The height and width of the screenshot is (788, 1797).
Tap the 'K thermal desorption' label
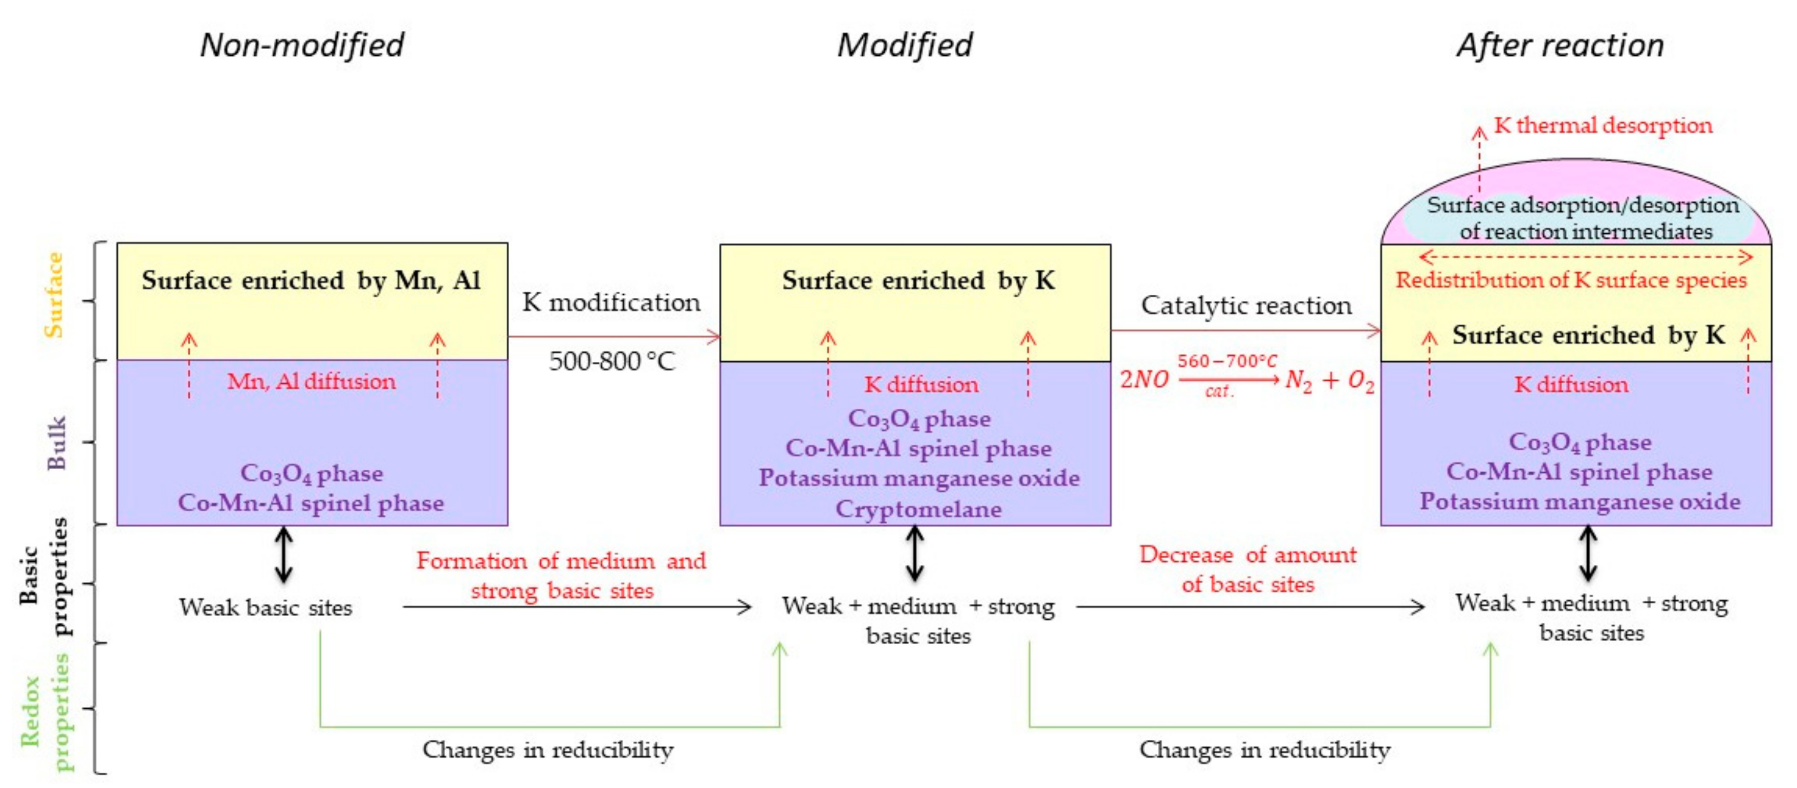coord(1603,125)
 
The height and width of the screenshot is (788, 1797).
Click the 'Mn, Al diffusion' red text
coord(311,381)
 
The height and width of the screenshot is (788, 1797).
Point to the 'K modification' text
coord(611,302)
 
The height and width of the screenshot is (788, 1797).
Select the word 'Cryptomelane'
coord(918,509)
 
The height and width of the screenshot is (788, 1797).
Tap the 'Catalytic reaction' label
coord(1246,305)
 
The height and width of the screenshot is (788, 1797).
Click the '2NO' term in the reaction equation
coord(1144,379)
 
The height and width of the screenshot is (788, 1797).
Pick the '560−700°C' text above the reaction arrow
coord(1227,361)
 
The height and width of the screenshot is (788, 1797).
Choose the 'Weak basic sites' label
coord(265,607)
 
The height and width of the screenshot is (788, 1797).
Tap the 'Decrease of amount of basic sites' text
coord(1248,569)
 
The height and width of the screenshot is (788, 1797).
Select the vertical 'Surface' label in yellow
coord(54,295)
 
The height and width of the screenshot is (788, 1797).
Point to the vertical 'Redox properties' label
coord(46,711)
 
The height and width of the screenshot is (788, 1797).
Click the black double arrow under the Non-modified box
coord(283,554)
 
